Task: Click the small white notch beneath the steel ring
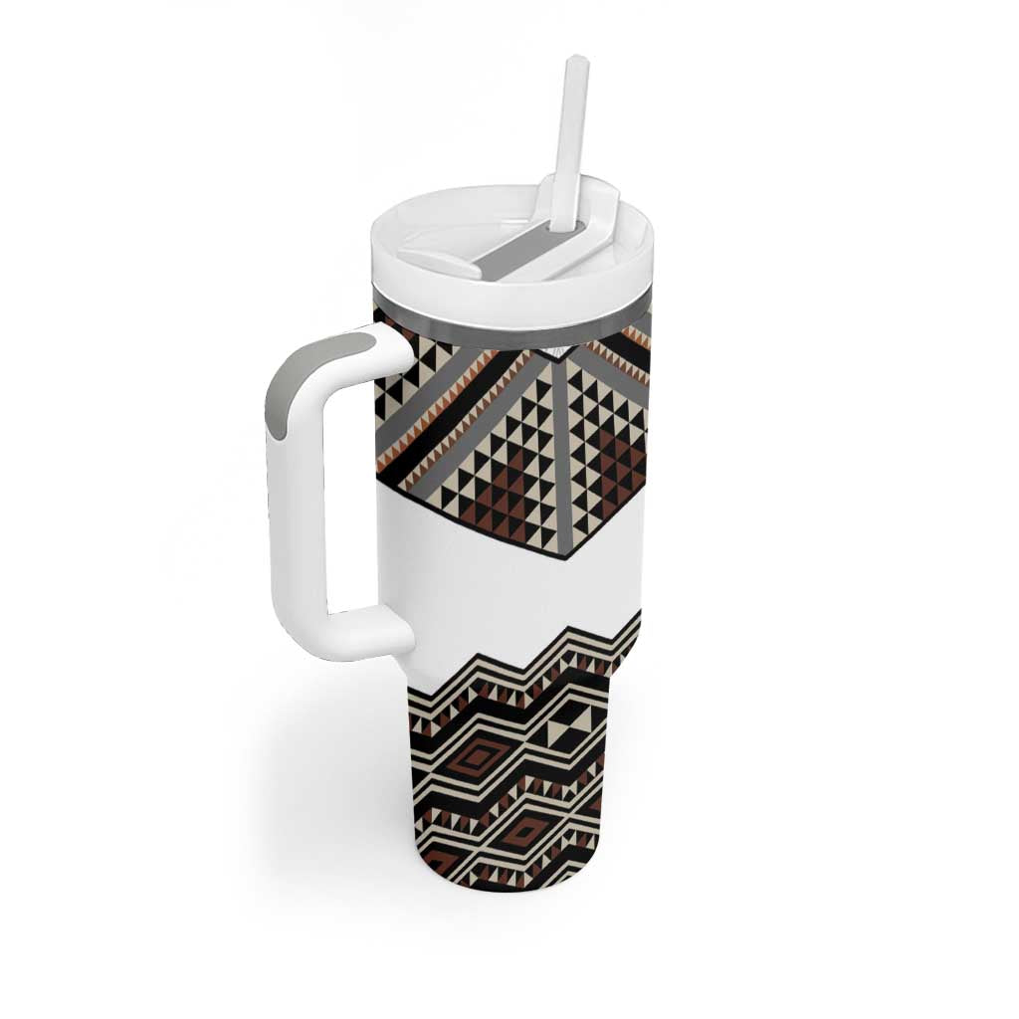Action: coord(563,350)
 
